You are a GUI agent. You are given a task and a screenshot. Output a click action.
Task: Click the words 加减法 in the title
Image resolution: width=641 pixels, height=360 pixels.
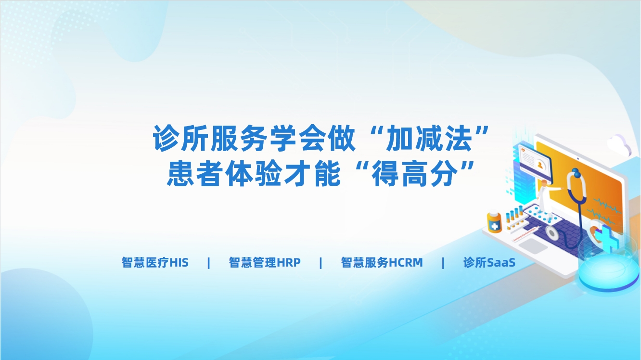(x=429, y=139)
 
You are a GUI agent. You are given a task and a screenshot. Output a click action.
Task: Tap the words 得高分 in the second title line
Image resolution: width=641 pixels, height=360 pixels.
(x=415, y=174)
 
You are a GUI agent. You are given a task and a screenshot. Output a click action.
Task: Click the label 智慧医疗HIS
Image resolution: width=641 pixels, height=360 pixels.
(x=155, y=262)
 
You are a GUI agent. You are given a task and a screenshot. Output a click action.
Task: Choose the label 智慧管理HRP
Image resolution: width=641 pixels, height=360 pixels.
(x=265, y=262)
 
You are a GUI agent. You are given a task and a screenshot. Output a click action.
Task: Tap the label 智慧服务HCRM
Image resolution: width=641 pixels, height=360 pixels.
(x=382, y=262)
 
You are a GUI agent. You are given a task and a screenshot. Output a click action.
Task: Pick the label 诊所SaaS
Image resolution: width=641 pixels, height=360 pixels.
(x=489, y=262)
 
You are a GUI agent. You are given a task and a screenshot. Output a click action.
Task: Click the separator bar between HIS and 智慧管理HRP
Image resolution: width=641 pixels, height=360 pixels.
(x=208, y=263)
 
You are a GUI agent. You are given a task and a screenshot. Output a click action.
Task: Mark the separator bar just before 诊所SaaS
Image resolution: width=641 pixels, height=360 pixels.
(x=443, y=263)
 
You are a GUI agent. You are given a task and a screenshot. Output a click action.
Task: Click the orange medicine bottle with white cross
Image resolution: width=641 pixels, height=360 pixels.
(x=494, y=221)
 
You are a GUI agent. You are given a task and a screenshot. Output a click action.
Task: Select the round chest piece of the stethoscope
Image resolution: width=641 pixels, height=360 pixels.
(x=552, y=233)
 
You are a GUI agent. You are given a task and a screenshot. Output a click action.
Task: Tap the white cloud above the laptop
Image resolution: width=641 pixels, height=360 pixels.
(x=619, y=144)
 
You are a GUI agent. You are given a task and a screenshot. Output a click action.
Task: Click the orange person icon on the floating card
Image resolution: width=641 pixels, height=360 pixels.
(x=539, y=165)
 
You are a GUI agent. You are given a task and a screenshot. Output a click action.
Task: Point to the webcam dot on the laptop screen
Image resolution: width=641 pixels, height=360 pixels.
(x=578, y=158)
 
